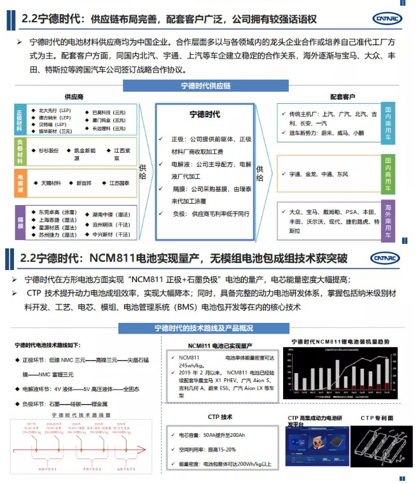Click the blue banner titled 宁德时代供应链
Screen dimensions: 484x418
[205, 85]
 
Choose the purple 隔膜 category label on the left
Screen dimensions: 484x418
[19, 222]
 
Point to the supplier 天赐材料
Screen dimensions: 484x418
[50, 183]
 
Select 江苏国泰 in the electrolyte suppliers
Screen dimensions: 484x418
[119, 183]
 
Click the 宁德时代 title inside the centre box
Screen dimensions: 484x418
[205, 115]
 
